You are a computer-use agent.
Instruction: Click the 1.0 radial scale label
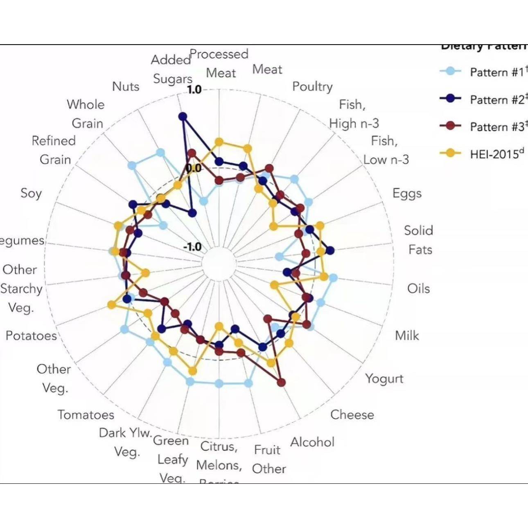click(x=194, y=90)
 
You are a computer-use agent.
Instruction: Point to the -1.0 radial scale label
click(x=192, y=246)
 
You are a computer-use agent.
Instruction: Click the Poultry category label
click(x=312, y=87)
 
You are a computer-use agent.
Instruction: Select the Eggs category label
click(x=407, y=193)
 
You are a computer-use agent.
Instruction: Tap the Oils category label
click(x=418, y=289)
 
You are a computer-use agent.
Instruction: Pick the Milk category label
click(x=407, y=336)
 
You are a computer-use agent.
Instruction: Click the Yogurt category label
click(x=384, y=379)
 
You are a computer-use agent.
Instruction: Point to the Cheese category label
click(x=352, y=415)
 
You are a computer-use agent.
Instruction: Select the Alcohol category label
click(x=312, y=442)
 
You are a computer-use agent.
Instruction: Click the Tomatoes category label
click(x=86, y=415)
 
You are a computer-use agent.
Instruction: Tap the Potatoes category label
click(x=31, y=336)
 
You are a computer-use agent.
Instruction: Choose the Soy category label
click(x=31, y=193)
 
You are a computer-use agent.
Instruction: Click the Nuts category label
click(x=126, y=87)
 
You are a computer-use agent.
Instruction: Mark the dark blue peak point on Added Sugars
click(x=183, y=117)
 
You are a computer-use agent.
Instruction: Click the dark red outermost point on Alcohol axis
click(x=282, y=382)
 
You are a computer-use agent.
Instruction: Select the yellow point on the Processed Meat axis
click(x=219, y=142)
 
